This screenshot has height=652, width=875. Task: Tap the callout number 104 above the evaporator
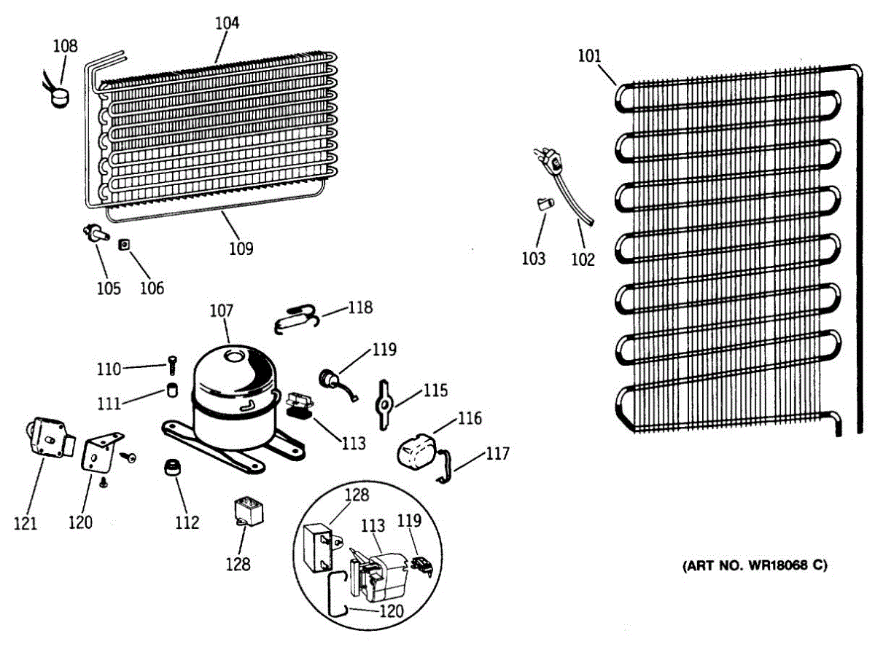click(227, 23)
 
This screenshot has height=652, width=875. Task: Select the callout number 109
click(241, 248)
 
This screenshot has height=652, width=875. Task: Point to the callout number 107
click(221, 311)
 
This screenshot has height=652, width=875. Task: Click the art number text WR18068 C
click(755, 565)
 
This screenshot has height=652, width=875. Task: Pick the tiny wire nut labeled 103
click(543, 203)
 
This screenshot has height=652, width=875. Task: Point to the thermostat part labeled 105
click(96, 232)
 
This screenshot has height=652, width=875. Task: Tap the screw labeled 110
click(172, 363)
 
